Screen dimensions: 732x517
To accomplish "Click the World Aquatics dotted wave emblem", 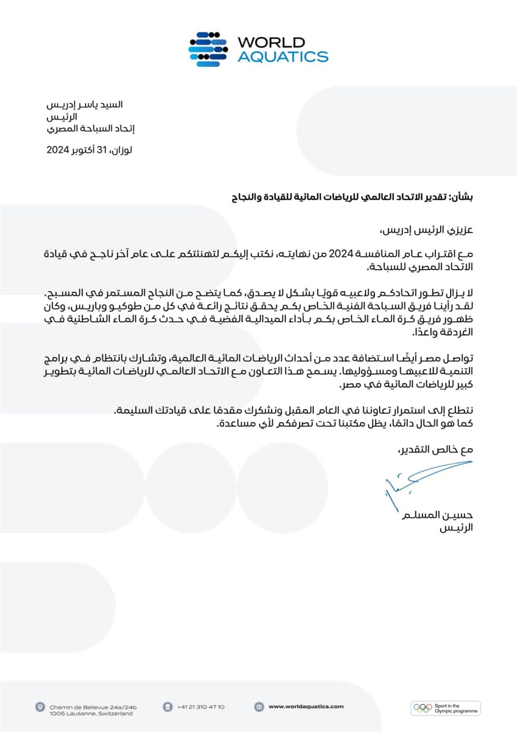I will point(208,50).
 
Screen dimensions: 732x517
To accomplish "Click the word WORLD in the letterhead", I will point(271,42).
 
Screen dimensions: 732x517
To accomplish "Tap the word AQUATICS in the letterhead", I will point(283,56).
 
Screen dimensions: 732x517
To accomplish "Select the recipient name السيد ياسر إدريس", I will point(85,105).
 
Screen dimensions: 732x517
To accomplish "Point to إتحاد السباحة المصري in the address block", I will point(90,129).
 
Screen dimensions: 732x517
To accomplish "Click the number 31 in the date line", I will point(101,150).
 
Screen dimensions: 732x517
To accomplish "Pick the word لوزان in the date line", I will point(122,150).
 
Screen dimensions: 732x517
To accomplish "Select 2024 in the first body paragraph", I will point(341,254).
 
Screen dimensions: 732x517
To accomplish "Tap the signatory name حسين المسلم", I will point(437,516).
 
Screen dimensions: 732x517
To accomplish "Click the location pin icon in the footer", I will point(40,707).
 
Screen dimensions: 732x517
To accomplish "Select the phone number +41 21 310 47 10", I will point(201,707).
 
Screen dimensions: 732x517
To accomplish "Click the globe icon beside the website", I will point(259,707).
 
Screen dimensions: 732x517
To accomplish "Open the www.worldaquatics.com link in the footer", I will point(306,707).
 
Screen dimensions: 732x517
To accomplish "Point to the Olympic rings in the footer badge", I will point(422,708).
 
